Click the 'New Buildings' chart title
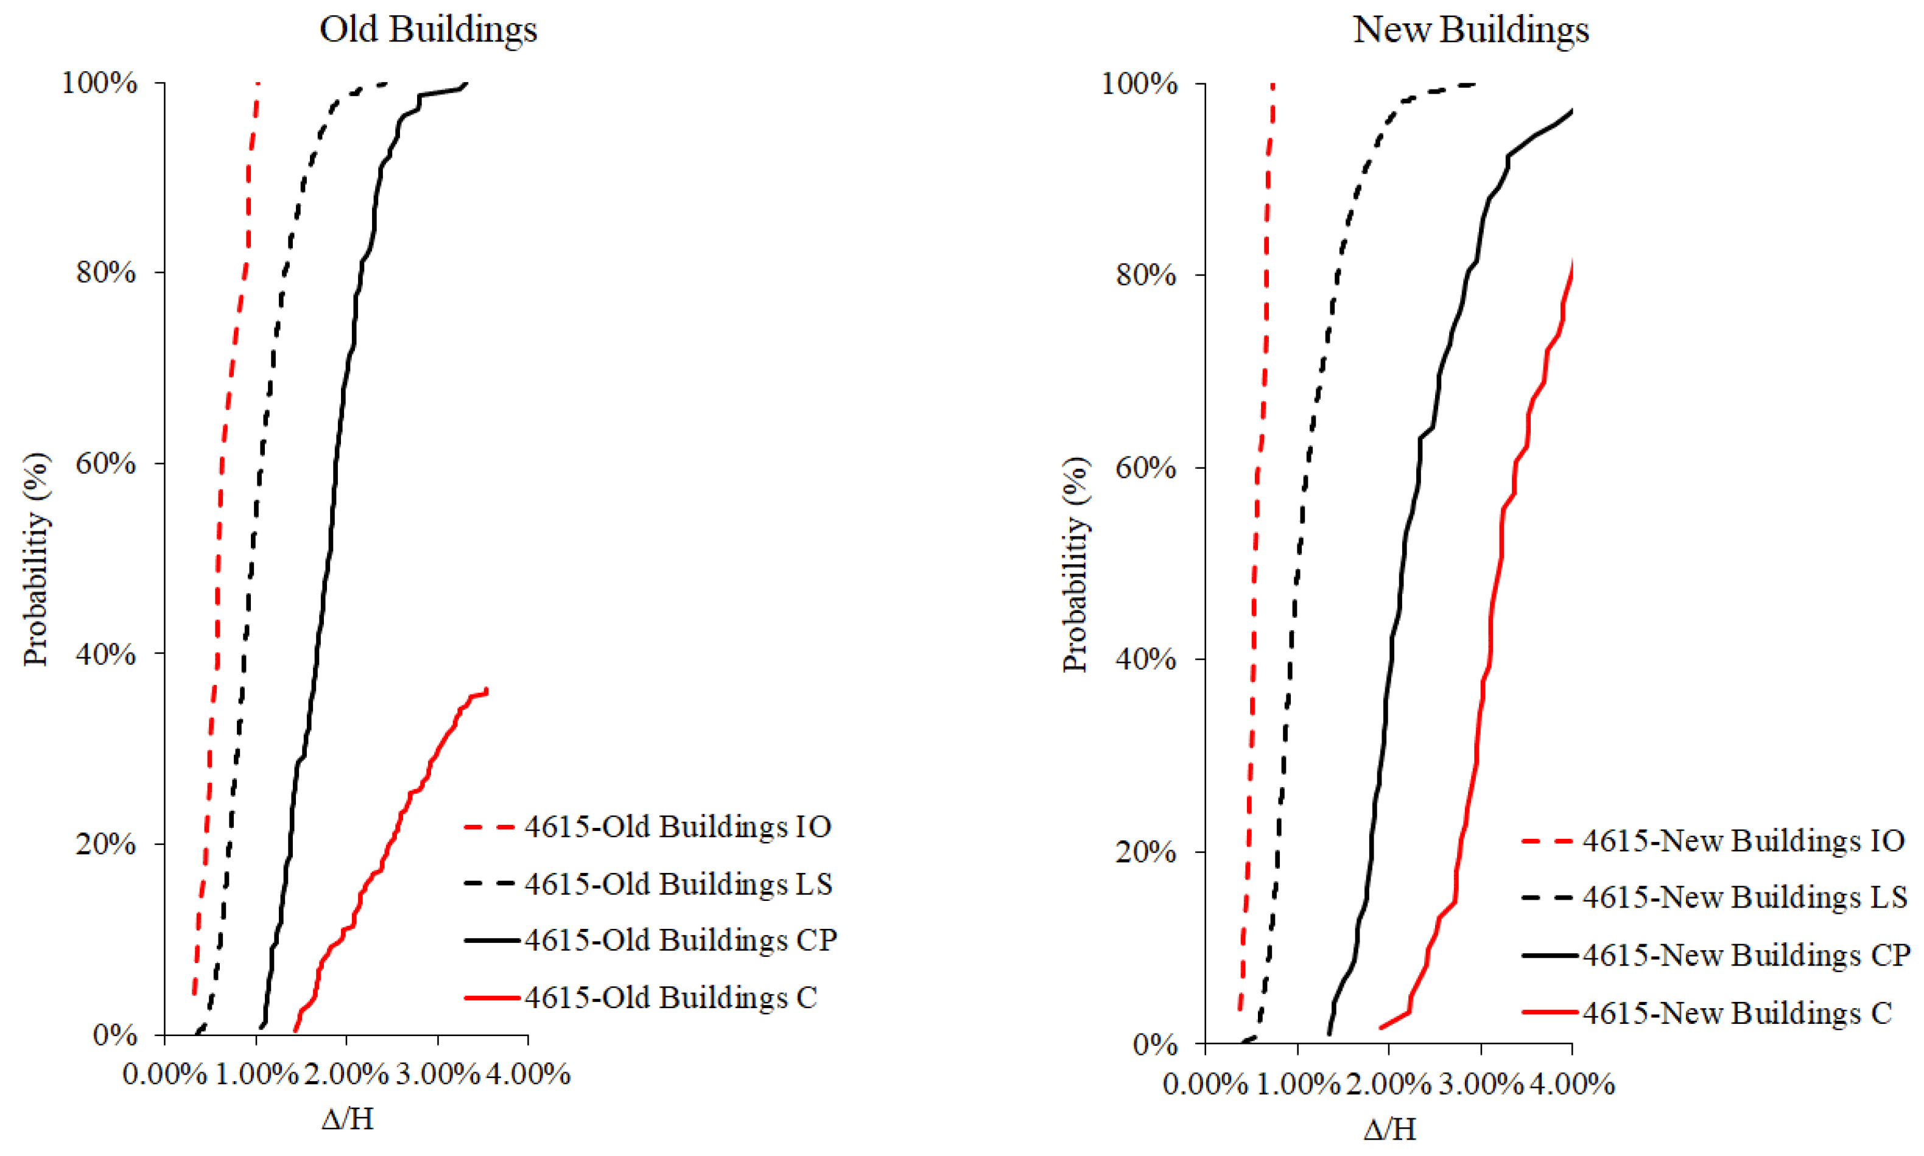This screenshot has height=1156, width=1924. coord(1470,30)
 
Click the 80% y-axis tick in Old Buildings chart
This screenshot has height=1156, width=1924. coord(106,273)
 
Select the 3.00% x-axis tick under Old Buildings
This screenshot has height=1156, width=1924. coord(438,1074)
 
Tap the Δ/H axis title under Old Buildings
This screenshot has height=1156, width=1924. coord(348,1119)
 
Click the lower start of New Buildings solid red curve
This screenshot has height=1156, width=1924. coord(1381,1028)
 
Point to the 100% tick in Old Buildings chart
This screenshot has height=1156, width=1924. coord(100,83)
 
